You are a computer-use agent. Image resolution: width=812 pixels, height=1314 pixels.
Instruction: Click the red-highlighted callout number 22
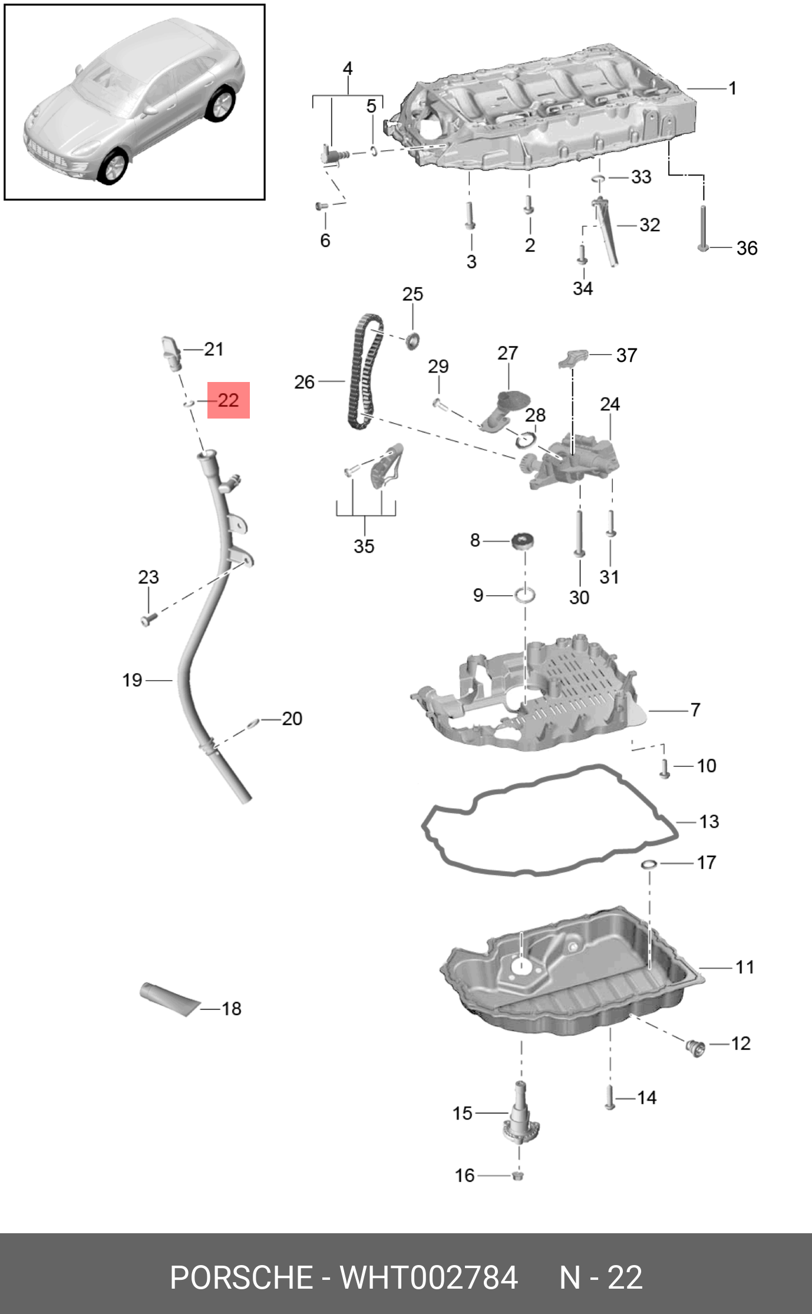pos(228,401)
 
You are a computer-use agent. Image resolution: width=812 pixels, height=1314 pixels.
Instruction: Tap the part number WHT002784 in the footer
pos(428,1277)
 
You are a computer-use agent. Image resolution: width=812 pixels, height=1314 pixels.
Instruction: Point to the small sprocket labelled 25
pos(412,340)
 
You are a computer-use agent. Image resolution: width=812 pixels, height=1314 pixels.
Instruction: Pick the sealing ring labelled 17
pos(649,864)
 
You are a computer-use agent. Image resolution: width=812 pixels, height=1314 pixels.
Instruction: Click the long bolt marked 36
pos(703,228)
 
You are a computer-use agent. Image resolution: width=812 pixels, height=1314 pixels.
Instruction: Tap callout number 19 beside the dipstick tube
pos(132,680)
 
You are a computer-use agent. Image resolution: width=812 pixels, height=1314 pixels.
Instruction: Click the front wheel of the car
pos(114,166)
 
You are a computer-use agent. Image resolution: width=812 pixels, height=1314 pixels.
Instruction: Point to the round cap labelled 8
pos(523,540)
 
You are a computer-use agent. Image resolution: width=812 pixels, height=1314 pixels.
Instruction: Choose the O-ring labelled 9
pos(526,595)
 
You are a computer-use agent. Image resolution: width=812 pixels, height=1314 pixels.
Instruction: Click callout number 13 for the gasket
pos(709,821)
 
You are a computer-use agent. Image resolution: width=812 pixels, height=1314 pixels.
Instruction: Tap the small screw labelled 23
pos(147,620)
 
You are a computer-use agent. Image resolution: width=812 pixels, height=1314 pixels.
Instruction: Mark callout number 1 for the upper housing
pos(732,88)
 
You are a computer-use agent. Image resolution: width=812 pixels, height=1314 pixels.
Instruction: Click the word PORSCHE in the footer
pos(240,1277)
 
